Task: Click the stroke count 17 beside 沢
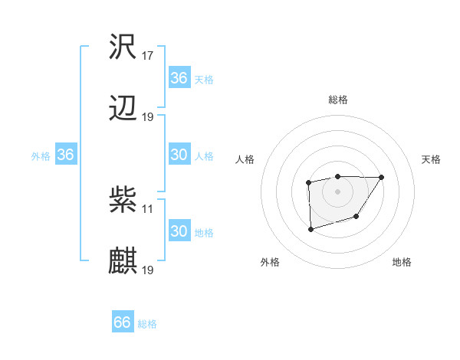(148, 56)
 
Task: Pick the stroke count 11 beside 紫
(148, 208)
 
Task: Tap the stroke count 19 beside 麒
(148, 270)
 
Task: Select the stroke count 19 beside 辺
(148, 116)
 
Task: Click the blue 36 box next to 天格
(179, 78)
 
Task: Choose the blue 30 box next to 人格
(179, 155)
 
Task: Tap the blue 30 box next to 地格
(179, 231)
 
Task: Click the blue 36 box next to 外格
(65, 155)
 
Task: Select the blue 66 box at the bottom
(123, 322)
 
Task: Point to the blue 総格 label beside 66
(147, 324)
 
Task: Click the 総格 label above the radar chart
(338, 100)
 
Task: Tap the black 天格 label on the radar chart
(432, 159)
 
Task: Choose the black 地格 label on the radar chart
(402, 262)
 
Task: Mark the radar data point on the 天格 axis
(382, 177)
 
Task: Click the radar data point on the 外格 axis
(310, 229)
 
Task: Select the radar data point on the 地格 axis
(356, 218)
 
